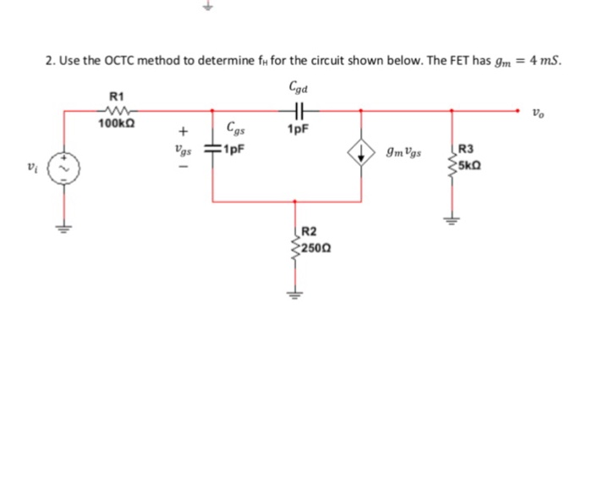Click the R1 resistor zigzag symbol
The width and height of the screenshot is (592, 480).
coord(117,108)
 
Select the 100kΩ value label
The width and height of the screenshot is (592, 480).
coord(117,124)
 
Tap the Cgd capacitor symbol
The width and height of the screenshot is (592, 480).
coord(297,108)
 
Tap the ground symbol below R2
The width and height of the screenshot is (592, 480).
coord(295,294)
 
